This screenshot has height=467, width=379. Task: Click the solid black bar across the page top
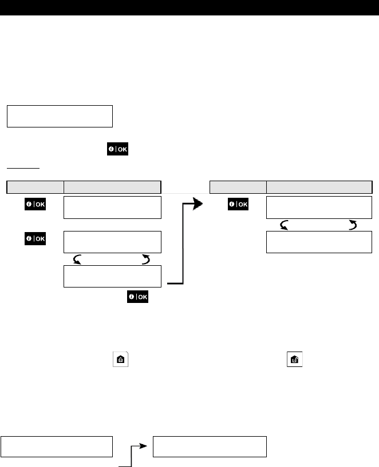189,7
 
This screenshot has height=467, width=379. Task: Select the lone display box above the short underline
60,115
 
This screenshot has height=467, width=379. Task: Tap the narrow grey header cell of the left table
34,186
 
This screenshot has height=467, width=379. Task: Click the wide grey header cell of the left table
112,186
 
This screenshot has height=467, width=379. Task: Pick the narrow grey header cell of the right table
238,186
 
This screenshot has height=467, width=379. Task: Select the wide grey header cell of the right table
319,186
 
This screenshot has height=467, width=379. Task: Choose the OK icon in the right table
238,205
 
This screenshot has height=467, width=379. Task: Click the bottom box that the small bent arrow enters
210,446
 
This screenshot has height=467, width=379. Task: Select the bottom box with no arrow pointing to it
56,446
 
